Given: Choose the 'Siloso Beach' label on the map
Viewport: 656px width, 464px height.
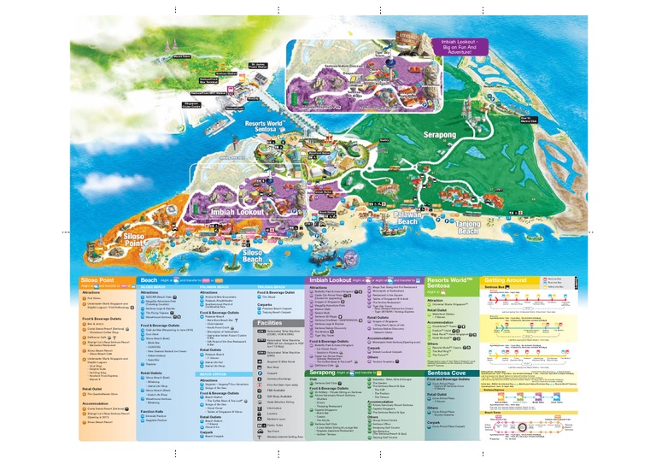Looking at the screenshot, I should (x=252, y=255).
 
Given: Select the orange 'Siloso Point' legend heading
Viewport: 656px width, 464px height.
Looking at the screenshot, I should (x=97, y=279).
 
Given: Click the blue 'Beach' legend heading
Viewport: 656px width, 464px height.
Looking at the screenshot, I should (x=149, y=279).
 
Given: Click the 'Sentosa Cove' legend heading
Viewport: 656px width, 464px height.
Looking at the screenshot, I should (x=449, y=373).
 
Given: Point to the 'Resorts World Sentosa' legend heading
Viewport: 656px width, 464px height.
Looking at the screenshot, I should (x=449, y=283).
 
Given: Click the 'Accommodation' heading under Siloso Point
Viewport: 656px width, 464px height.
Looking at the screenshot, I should (x=96, y=403).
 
